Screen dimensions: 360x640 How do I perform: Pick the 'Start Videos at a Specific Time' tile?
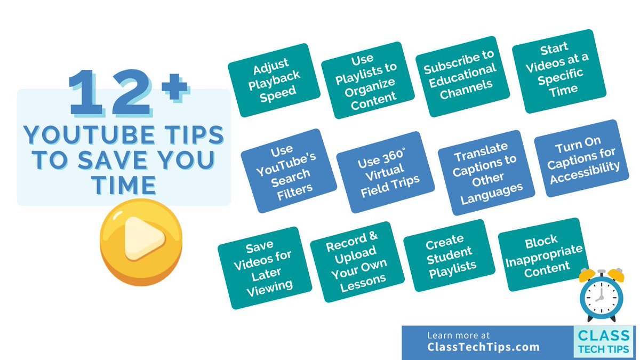[x=553, y=70]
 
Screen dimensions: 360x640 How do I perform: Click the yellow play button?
[x=141, y=243]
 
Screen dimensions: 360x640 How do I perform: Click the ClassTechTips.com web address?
[x=483, y=347]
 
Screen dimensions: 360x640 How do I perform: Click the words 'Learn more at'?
[x=458, y=335]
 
